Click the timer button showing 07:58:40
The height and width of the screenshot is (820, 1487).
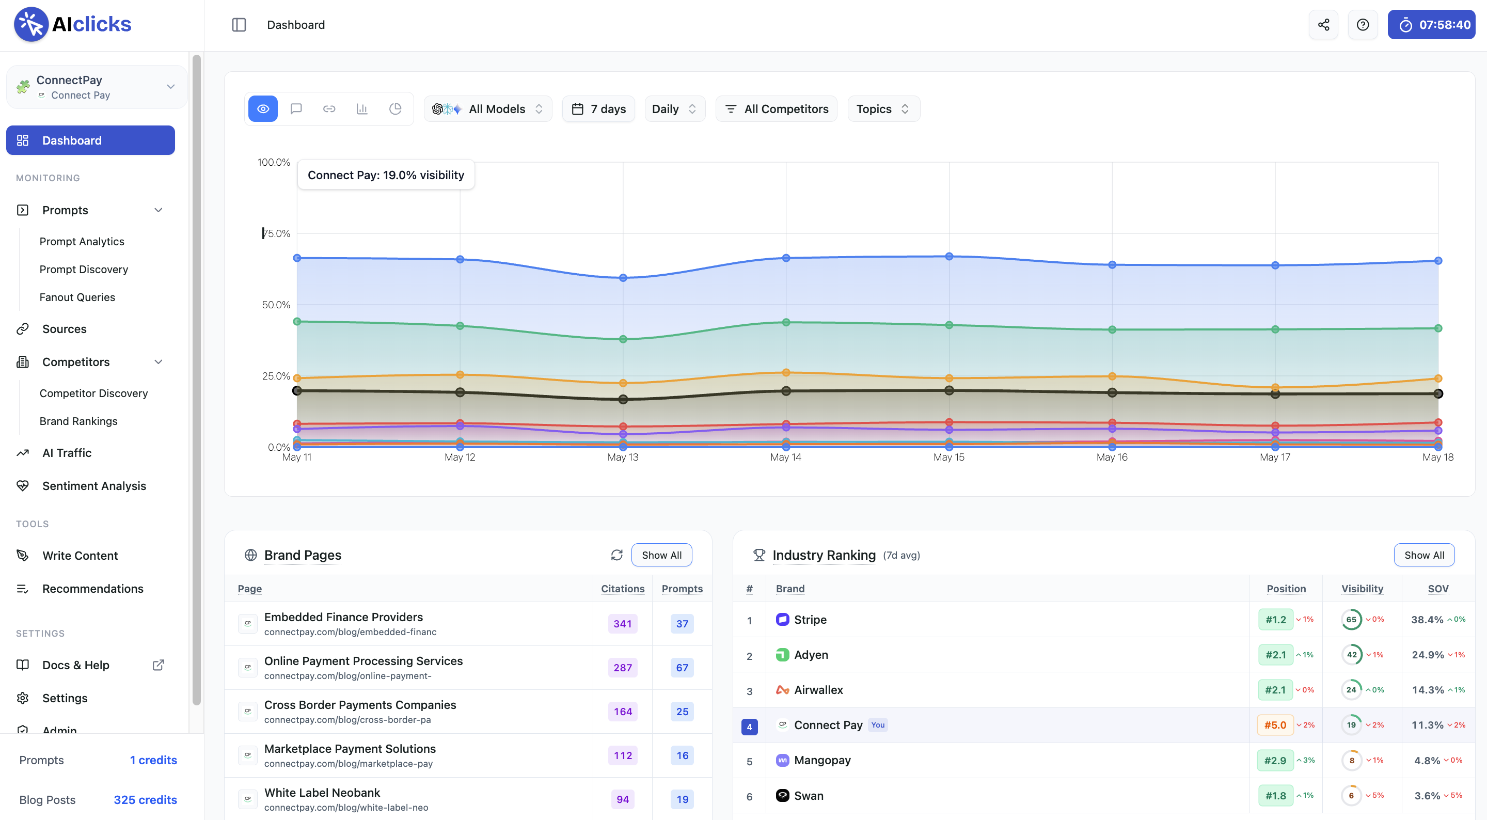[x=1431, y=25]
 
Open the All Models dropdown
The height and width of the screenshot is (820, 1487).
[x=488, y=108]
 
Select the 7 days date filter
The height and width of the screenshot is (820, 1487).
[x=598, y=108]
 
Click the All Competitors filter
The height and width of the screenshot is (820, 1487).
[x=777, y=108]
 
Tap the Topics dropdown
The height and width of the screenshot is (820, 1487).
[x=883, y=108]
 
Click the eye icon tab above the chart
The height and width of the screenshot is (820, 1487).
[x=263, y=108]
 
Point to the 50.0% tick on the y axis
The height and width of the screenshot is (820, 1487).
[x=276, y=304]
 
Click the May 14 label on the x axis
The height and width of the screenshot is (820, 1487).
[x=786, y=458]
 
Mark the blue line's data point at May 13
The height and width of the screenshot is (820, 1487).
[x=623, y=278]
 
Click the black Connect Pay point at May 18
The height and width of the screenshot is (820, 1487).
[x=1438, y=394]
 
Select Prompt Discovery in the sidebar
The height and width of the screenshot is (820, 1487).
[x=84, y=269]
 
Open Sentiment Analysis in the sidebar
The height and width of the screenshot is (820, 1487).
[x=94, y=485]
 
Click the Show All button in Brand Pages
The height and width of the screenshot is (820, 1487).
[x=661, y=555]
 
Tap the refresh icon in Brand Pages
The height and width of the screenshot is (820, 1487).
[x=616, y=555]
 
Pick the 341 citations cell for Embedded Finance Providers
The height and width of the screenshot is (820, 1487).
[x=622, y=624]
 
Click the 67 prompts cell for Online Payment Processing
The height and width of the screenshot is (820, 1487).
[x=682, y=668]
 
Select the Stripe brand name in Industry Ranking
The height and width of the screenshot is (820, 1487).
[x=810, y=620]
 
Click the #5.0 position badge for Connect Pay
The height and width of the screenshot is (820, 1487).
[x=1275, y=724]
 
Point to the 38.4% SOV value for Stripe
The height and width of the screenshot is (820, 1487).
[x=1427, y=620]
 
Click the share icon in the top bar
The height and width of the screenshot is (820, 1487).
[x=1323, y=25]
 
